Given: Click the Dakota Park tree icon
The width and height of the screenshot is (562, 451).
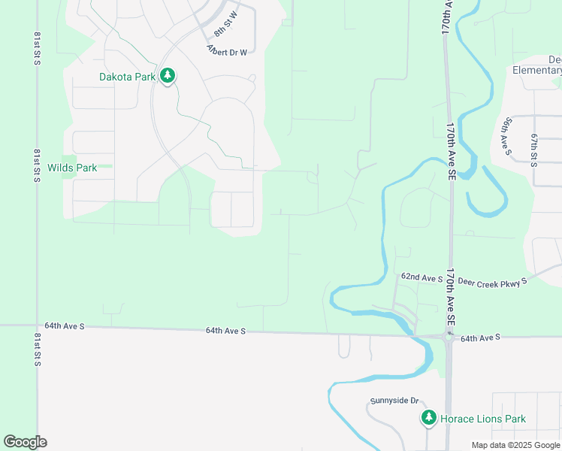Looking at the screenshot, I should (168, 76).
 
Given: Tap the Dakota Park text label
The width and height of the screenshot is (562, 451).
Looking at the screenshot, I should (127, 77).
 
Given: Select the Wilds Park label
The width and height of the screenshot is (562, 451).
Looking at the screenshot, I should (72, 168).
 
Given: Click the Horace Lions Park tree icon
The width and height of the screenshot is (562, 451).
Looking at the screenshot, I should (428, 418).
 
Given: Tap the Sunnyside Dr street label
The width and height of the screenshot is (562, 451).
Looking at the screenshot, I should (393, 402).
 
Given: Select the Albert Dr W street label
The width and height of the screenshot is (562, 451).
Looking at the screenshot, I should (226, 50).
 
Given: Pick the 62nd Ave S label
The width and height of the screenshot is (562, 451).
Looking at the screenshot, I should (421, 278).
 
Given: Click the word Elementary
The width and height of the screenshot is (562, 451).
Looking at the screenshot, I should (536, 71).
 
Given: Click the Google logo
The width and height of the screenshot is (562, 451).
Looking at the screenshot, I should (25, 442).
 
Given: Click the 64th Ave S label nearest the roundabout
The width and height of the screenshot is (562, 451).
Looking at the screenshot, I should (480, 339).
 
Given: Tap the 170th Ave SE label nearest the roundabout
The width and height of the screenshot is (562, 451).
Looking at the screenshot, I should (451, 297).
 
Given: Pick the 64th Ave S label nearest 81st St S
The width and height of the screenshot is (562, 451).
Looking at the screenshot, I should (65, 326).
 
